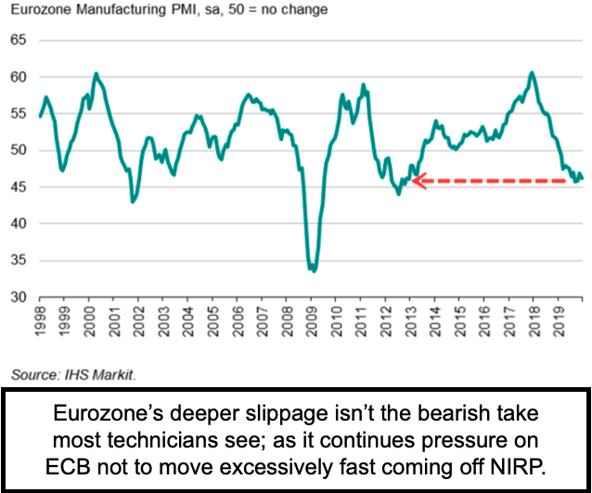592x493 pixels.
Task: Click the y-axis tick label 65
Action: click(x=19, y=42)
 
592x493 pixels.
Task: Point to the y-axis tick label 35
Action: click(x=19, y=261)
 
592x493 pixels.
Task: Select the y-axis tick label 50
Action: click(x=19, y=150)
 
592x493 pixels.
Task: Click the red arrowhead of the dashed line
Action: click(x=418, y=181)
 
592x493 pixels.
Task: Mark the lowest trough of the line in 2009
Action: click(x=314, y=271)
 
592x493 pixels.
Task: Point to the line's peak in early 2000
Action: click(x=96, y=73)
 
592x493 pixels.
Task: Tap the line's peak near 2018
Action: click(x=531, y=72)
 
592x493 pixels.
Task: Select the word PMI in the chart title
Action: click(x=175, y=11)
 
